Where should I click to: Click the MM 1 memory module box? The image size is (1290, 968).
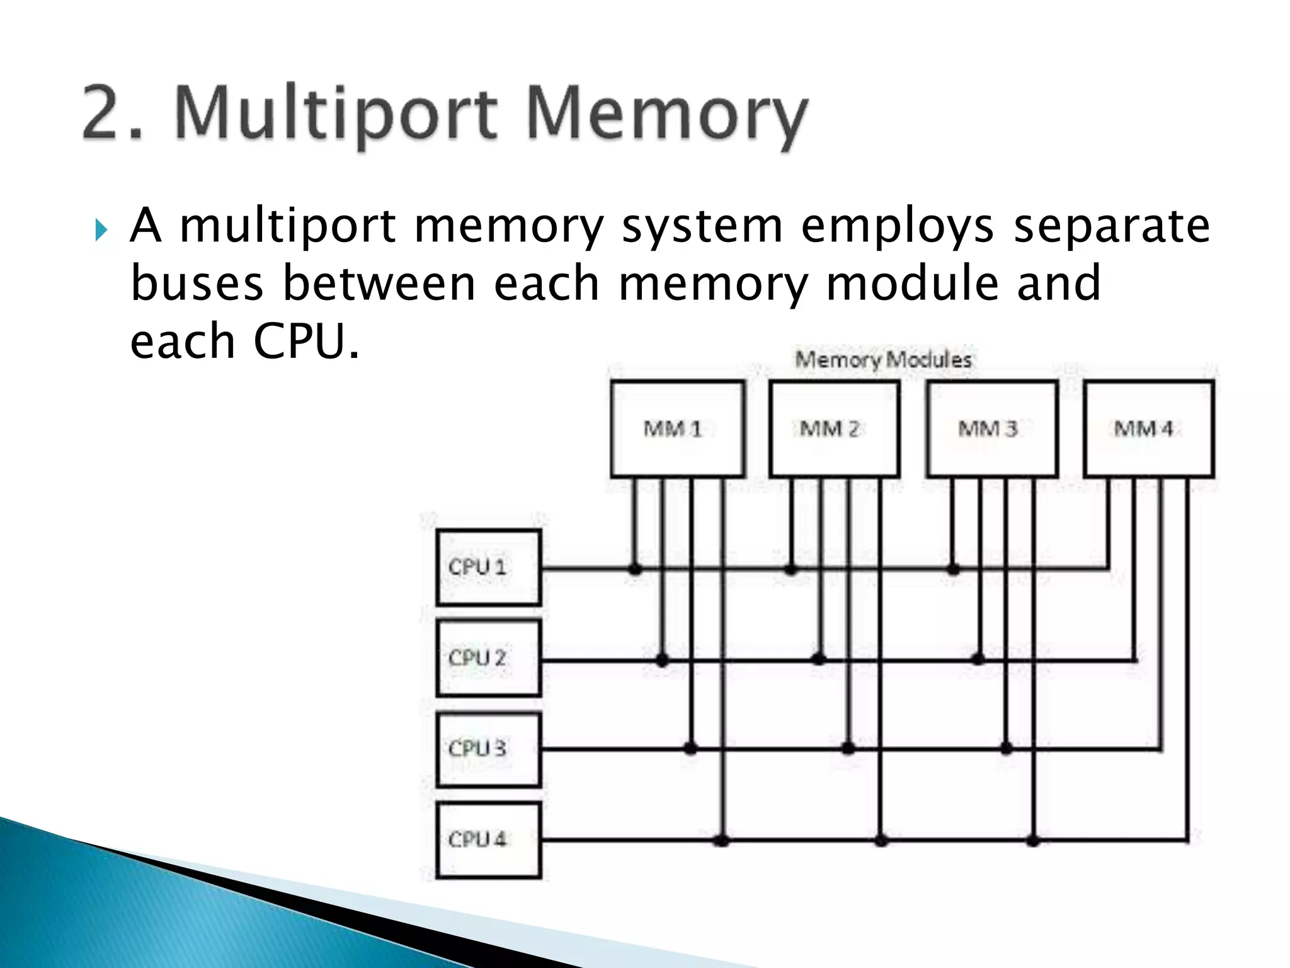point(677,429)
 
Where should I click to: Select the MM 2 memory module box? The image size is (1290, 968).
point(835,429)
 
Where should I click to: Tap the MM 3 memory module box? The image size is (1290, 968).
point(992,429)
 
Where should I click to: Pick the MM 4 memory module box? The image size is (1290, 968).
point(1149,429)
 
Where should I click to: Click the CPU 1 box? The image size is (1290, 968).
point(488,567)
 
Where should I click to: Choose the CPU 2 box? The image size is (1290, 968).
point(488,658)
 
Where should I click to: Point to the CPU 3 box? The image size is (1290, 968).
point(488,749)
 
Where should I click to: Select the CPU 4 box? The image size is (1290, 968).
point(488,839)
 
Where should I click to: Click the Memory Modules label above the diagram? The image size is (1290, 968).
point(883,360)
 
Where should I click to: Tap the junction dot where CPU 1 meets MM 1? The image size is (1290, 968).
point(635,569)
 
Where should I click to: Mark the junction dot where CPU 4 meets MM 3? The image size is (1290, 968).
point(1033,840)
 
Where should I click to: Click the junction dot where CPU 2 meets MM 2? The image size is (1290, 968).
point(818,660)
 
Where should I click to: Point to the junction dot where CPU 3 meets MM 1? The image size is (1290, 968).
point(690,749)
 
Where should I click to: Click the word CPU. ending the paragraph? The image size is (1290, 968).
point(306,342)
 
